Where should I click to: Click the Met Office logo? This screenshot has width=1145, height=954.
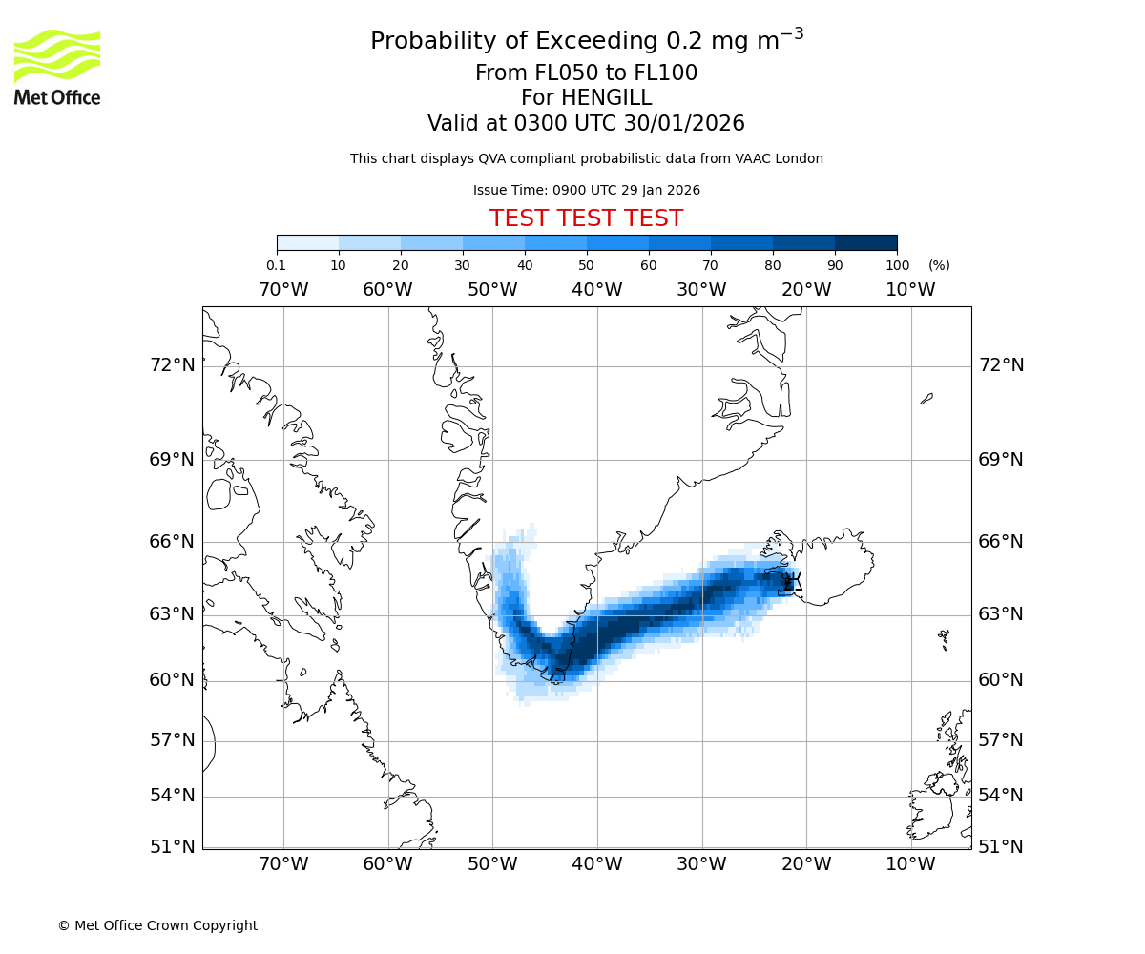(57, 67)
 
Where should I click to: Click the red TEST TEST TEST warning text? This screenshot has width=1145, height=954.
(586, 218)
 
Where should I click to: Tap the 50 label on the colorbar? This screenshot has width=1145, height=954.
(587, 265)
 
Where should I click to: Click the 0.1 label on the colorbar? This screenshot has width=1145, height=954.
(276, 265)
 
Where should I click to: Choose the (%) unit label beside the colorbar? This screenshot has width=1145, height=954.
(939, 265)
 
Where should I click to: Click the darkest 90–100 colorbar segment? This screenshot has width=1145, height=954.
(865, 242)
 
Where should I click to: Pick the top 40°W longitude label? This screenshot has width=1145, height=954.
(597, 290)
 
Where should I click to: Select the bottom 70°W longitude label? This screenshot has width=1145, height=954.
(283, 864)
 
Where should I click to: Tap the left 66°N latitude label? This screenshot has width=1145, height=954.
(172, 542)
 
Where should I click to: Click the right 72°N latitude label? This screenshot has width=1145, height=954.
(1001, 365)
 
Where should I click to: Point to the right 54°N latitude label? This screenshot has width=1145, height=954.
(1001, 796)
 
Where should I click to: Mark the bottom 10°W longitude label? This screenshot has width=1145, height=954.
(910, 864)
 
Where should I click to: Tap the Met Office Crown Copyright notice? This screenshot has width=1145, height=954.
(157, 925)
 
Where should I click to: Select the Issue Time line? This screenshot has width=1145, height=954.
(586, 190)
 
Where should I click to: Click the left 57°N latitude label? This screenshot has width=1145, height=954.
(172, 740)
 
